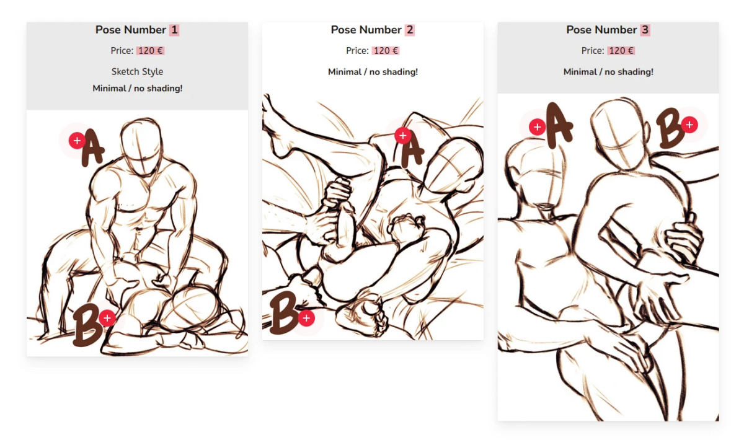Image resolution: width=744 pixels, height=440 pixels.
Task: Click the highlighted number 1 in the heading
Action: point(174,30)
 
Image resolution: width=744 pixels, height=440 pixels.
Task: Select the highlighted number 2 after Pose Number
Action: point(410,30)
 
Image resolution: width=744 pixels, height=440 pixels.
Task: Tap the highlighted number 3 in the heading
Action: point(645,30)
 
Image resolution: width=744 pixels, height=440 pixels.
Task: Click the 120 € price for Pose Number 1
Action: point(151,51)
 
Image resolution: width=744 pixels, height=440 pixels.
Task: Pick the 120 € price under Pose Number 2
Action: point(386,51)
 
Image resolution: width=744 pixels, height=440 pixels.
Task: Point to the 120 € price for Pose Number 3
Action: point(621,51)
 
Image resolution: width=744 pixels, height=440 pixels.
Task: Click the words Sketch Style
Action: point(137,72)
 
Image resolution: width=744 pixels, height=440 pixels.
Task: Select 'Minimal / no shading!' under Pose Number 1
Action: point(138,89)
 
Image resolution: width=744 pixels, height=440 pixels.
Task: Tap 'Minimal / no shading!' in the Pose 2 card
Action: point(373,72)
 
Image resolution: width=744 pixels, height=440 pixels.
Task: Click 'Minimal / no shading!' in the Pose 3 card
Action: point(608,72)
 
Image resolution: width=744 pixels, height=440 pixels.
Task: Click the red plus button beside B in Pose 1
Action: point(107,318)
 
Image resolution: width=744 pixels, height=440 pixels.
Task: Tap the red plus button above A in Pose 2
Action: point(403,136)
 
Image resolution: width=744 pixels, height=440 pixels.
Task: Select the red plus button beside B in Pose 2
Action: point(306,318)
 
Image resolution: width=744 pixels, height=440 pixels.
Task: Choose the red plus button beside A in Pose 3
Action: point(537,127)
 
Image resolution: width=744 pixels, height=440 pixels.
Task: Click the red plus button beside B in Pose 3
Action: point(689,125)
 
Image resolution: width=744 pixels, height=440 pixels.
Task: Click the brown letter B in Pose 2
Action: point(283,313)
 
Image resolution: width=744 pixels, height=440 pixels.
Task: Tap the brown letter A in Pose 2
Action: point(411,152)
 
